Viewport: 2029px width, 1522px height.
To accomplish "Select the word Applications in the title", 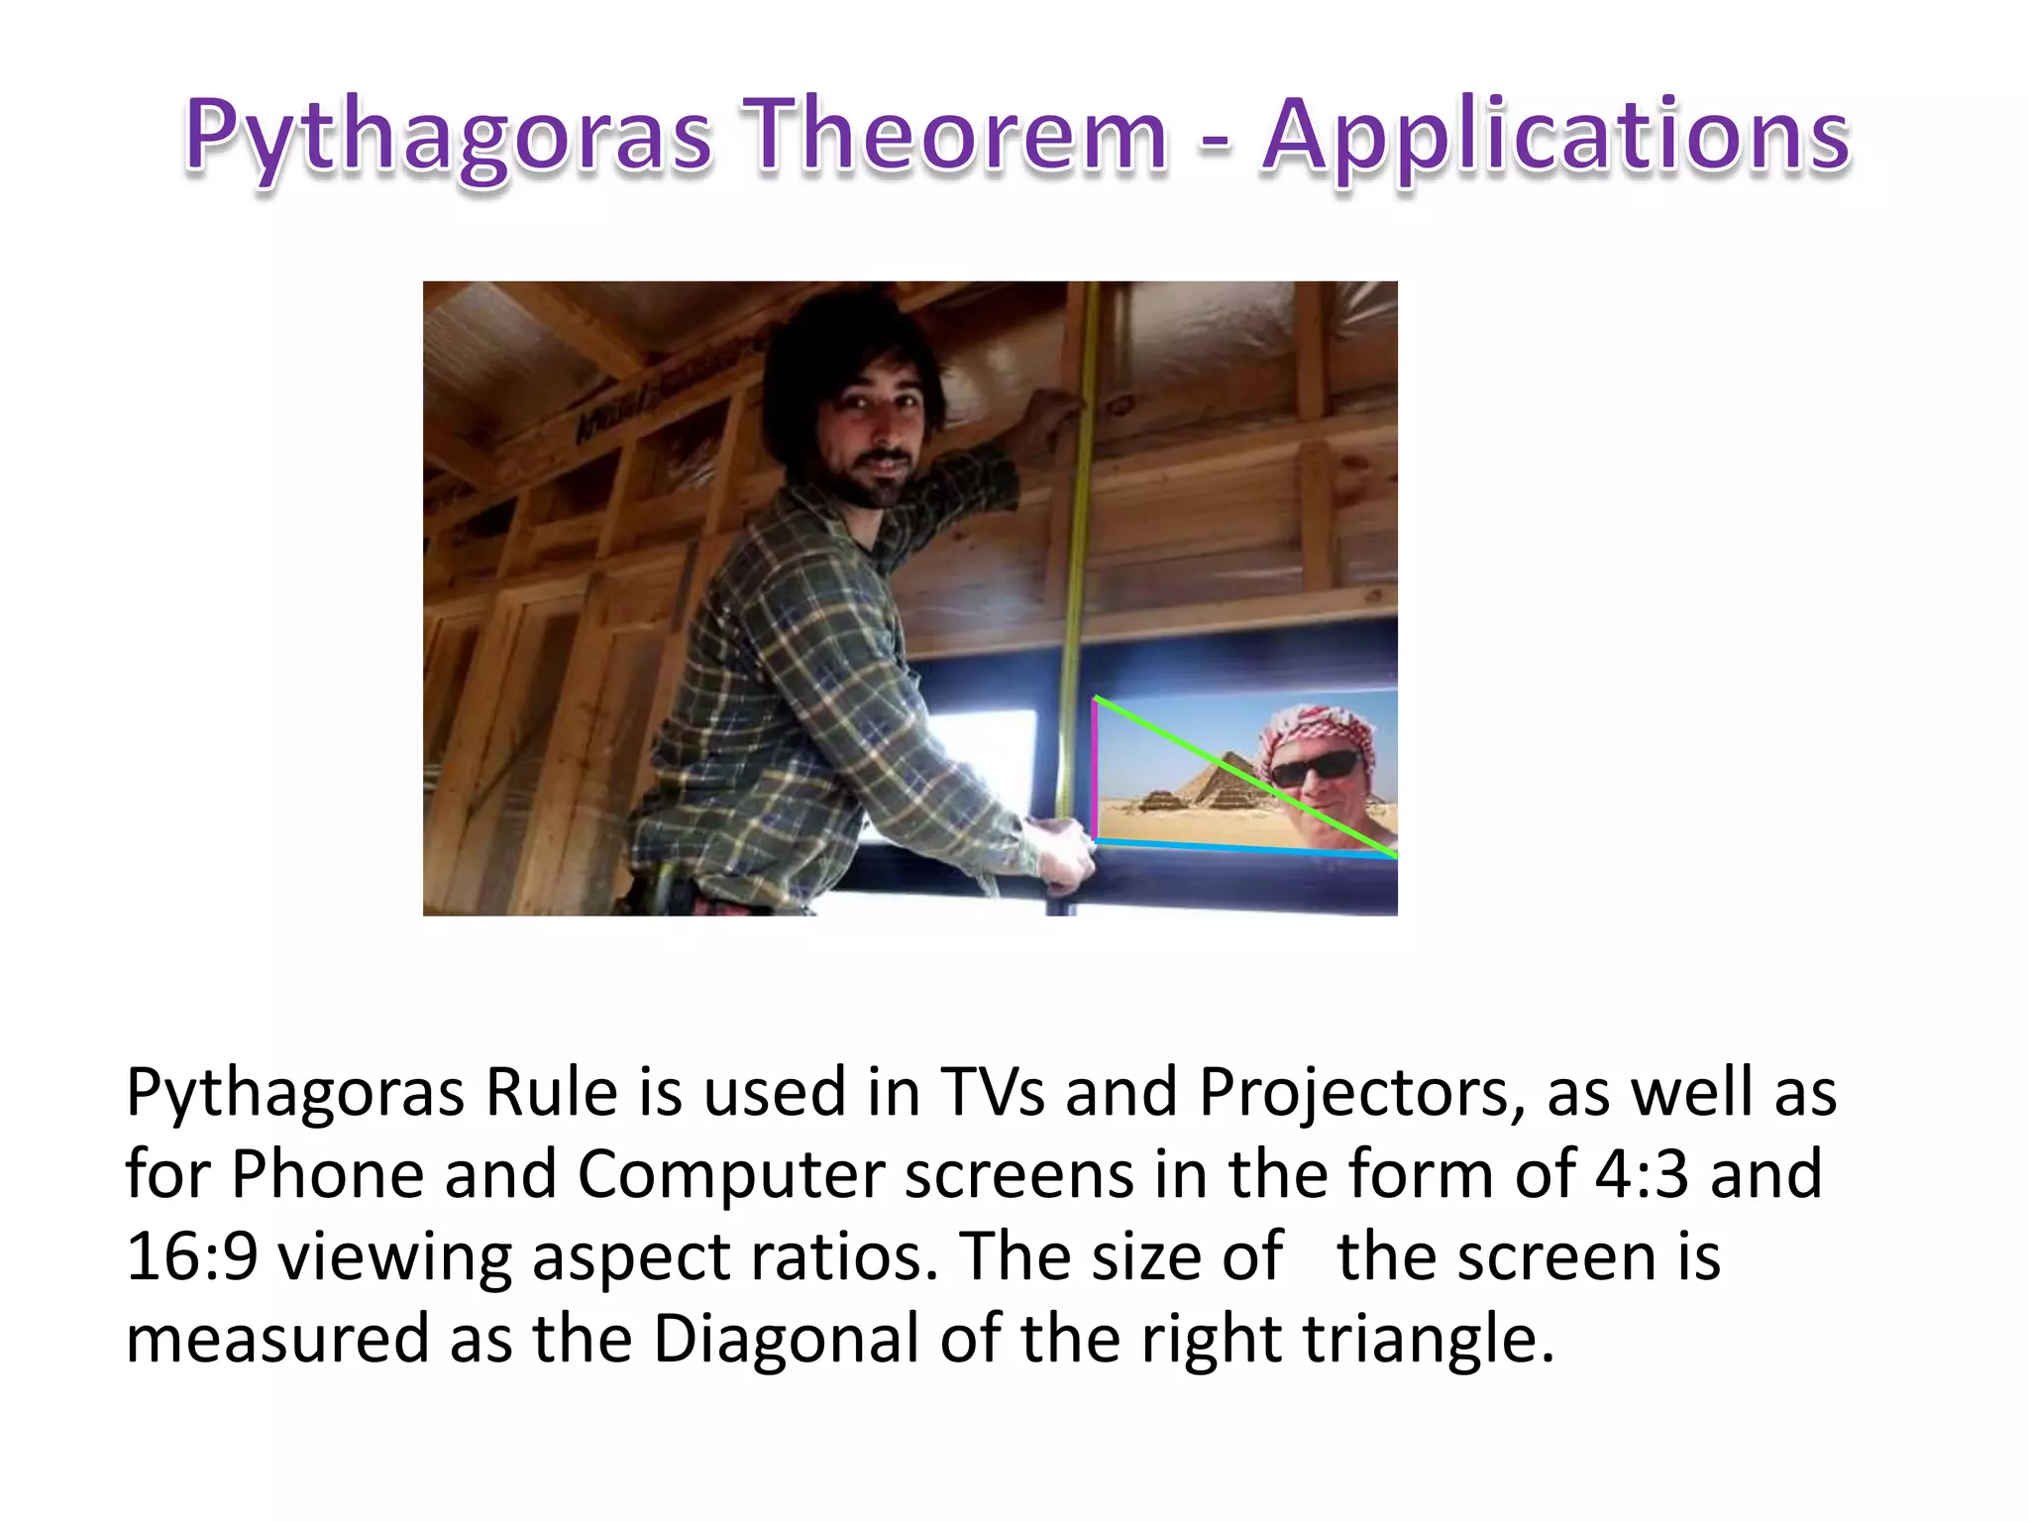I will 1554,137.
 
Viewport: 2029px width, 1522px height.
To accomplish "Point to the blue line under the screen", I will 1238,848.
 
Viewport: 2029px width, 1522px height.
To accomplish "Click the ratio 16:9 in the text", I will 192,1256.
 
